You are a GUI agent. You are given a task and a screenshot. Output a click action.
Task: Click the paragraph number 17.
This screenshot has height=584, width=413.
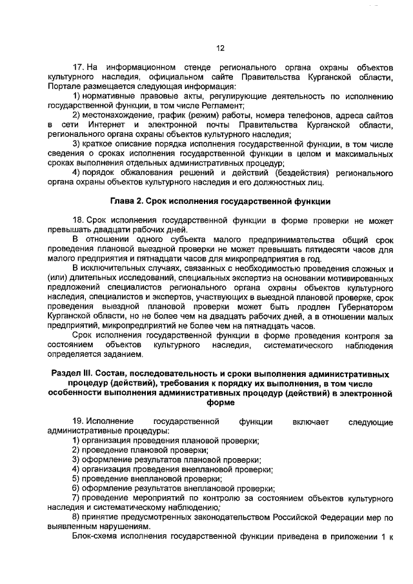[78, 67]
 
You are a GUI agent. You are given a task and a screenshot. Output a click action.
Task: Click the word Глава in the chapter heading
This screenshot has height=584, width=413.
[125, 201]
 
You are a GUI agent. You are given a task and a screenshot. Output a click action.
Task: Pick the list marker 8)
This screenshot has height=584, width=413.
[76, 518]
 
